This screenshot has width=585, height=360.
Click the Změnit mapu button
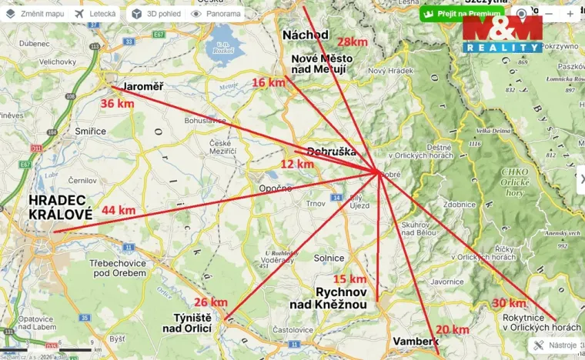35,14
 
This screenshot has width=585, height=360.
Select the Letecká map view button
96,14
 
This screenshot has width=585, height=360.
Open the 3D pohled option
156,14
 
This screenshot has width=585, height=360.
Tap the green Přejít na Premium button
462,14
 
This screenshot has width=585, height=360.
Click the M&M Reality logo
502,35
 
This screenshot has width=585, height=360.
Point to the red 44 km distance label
119,210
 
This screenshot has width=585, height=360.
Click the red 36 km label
117,103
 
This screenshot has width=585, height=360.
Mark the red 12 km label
297,164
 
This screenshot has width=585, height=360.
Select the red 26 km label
211,302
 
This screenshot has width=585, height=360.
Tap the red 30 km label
509,302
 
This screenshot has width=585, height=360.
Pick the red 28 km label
352,42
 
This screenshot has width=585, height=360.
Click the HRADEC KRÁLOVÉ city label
60,208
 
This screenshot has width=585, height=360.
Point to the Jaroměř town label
143,86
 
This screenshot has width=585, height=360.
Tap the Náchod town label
306,35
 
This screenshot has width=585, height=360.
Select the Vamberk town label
416,341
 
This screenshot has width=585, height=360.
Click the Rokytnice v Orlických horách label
531,322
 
